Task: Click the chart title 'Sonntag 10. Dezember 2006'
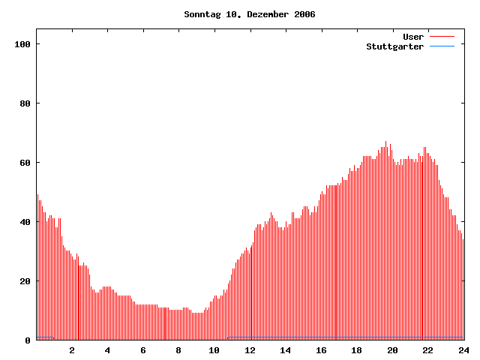coord(250,14)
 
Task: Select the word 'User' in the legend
coord(413,37)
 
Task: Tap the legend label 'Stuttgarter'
coord(394,46)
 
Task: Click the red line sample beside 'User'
coord(442,37)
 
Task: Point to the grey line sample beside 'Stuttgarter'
coord(442,46)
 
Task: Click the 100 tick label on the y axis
coord(22,44)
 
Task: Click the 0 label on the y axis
coord(28,340)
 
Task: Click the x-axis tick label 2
coord(72,350)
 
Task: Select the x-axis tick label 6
coord(143,350)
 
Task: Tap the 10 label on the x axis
coord(214,350)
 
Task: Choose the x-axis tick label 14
coord(286,350)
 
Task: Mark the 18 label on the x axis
coord(357,350)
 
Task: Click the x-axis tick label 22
coord(428,350)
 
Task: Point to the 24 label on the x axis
coord(463,350)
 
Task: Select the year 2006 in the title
coord(305,14)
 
